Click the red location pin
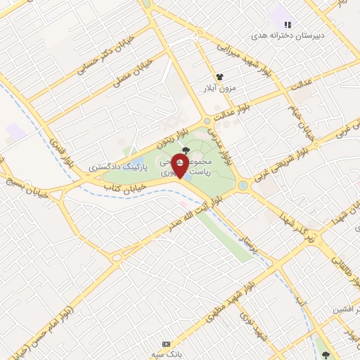185,167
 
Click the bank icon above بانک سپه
166,344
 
